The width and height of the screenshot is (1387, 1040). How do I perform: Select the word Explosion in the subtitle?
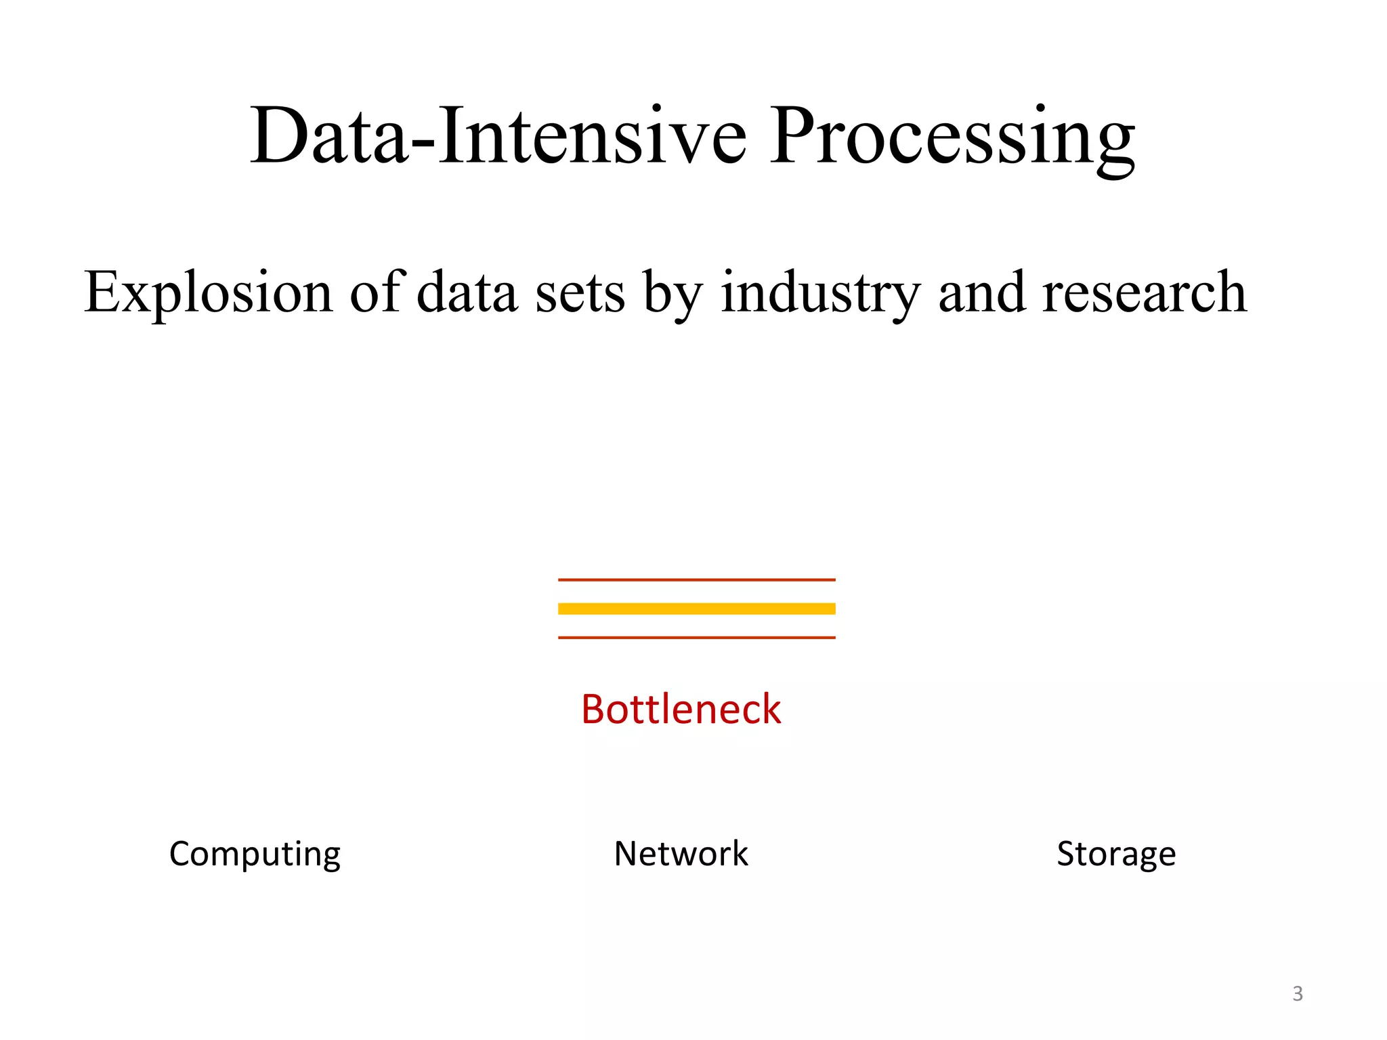[209, 292]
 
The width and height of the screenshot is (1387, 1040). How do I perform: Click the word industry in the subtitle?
[820, 292]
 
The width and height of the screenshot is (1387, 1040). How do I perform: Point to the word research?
[1144, 292]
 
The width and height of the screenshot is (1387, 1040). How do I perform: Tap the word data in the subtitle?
[467, 292]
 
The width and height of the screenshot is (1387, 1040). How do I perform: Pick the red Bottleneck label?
[681, 710]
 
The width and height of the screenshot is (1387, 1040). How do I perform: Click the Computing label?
[255, 854]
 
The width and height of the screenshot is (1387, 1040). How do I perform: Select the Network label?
[681, 854]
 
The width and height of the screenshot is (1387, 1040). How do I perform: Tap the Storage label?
[1116, 854]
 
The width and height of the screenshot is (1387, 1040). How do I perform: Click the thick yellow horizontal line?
[696, 609]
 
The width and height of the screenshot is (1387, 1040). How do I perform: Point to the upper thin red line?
[696, 580]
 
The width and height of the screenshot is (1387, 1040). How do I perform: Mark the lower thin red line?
[696, 637]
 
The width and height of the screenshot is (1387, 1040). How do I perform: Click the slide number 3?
[1298, 994]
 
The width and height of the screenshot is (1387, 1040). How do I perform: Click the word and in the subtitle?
[981, 292]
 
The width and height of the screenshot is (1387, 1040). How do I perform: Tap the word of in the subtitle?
[377, 292]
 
